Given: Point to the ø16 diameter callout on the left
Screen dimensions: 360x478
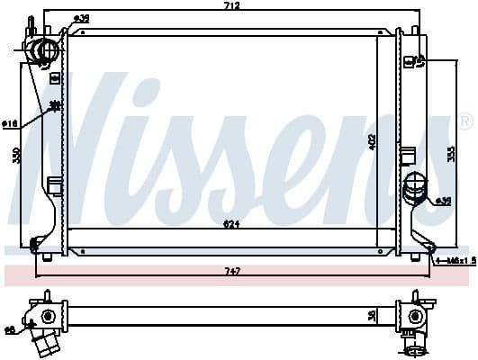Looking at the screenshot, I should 8,123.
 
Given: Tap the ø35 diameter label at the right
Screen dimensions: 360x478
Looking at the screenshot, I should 444,201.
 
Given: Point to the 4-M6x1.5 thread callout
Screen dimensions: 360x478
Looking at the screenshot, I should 455,261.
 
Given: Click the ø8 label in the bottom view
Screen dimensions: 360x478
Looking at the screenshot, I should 9,329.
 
